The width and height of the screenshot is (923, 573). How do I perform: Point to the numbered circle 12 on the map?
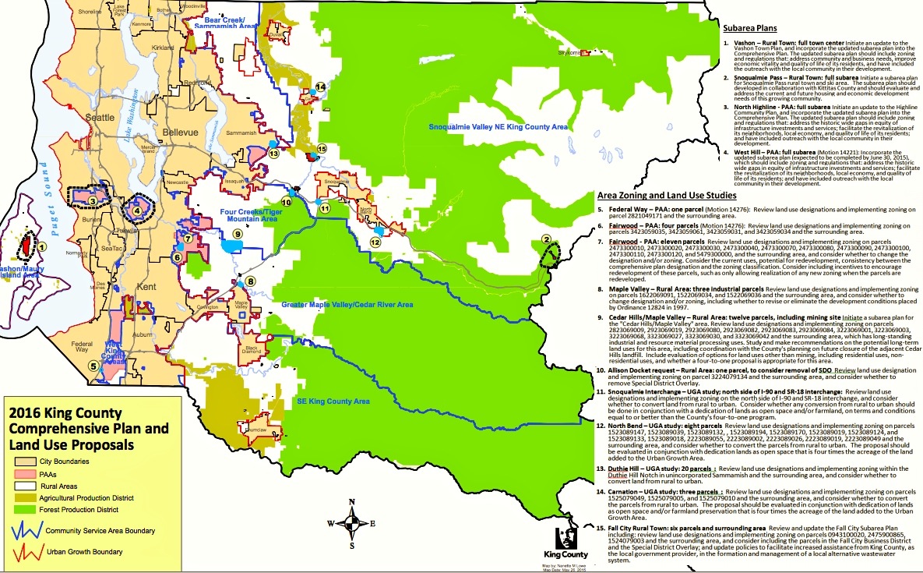point(375,242)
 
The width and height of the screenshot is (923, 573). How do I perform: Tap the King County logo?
point(566,543)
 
